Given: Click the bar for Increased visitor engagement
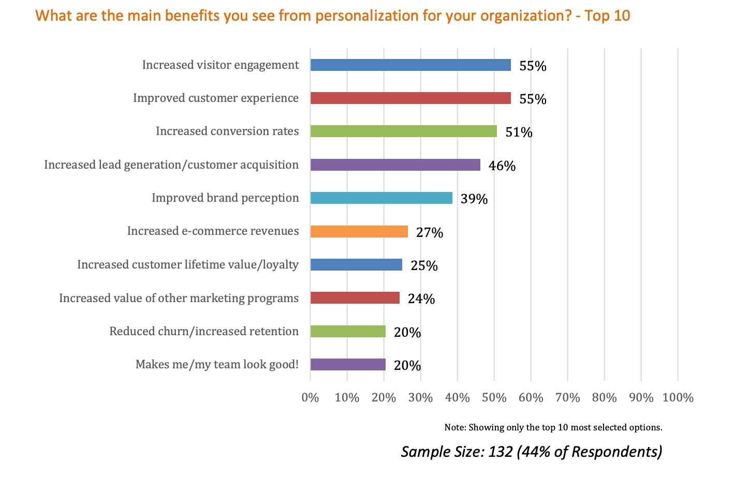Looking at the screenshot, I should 410,65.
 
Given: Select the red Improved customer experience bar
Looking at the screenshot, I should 410,98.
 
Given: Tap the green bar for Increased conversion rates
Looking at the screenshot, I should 403,131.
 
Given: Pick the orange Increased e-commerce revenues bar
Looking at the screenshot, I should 359,231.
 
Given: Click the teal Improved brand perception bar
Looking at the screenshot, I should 381,198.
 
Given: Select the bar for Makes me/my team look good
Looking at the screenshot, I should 348,365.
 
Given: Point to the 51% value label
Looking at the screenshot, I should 519,132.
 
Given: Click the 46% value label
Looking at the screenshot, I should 502,166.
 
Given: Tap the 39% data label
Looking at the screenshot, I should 474,199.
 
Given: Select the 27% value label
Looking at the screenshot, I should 430,233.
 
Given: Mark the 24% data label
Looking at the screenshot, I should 421,299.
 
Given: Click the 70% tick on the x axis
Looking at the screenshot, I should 567,398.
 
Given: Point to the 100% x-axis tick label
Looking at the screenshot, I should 678,398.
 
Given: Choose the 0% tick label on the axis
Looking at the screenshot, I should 310,398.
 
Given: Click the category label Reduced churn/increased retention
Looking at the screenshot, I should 204,332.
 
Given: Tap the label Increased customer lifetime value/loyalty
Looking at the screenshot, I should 188,265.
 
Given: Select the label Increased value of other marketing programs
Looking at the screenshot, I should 179,299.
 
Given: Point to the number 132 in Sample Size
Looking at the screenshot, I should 500,452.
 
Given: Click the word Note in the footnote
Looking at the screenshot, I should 454,427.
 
